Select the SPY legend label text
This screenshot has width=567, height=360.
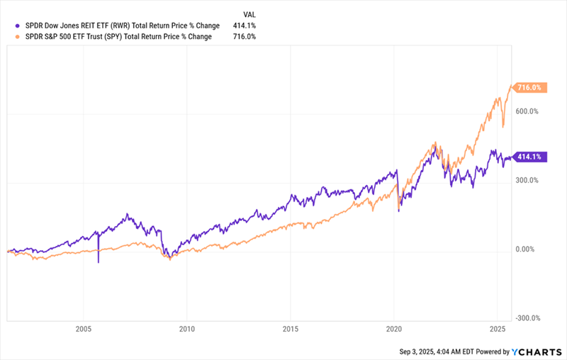118,36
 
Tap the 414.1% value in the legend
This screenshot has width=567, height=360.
245,26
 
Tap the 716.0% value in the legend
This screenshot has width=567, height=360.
245,36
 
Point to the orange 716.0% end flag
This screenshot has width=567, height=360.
529,88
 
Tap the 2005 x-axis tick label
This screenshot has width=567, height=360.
84,329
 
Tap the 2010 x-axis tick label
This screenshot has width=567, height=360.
187,329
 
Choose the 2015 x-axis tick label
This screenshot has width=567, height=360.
291,329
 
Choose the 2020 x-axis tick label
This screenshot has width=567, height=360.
394,329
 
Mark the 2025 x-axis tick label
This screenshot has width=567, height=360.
497,329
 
